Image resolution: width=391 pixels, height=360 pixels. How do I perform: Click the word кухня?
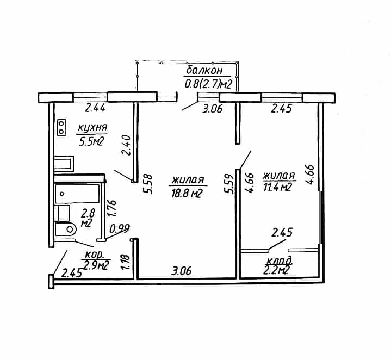pyautogui.click(x=92, y=128)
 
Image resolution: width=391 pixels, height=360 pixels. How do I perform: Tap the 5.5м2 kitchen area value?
pyautogui.click(x=91, y=141)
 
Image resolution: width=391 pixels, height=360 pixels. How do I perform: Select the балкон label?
pyautogui.click(x=204, y=70)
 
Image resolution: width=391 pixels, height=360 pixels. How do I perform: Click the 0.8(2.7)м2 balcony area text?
pyautogui.click(x=208, y=84)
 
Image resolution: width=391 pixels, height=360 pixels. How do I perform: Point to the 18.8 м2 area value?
pyautogui.click(x=187, y=193)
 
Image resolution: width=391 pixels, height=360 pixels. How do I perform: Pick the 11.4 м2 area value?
pyautogui.click(x=277, y=187)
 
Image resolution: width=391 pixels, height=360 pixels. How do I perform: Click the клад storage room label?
pyautogui.click(x=280, y=261)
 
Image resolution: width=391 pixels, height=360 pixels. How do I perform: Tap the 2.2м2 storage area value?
pyautogui.click(x=276, y=270)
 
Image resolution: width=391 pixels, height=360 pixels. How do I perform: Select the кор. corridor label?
pyautogui.click(x=94, y=255)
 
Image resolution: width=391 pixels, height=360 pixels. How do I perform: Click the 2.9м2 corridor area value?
pyautogui.click(x=96, y=265)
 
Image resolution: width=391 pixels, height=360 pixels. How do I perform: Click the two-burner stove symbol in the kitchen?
pyautogui.click(x=61, y=127)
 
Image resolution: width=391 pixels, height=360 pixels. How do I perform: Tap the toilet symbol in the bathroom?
pyautogui.click(x=65, y=229)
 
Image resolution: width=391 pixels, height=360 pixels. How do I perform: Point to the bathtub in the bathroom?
pyautogui.click(x=77, y=194)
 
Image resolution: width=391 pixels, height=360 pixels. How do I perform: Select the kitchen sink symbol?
pyautogui.click(x=64, y=164)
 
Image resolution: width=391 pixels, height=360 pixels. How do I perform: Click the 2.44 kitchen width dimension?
pyautogui.click(x=95, y=108)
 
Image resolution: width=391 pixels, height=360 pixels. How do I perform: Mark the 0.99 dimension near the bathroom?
pyautogui.click(x=120, y=228)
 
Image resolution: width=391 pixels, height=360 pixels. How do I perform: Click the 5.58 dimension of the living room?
pyautogui.click(x=147, y=184)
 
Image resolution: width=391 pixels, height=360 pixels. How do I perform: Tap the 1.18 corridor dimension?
pyautogui.click(x=126, y=262)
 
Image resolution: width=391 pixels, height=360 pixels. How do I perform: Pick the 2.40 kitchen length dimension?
pyautogui.click(x=126, y=145)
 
